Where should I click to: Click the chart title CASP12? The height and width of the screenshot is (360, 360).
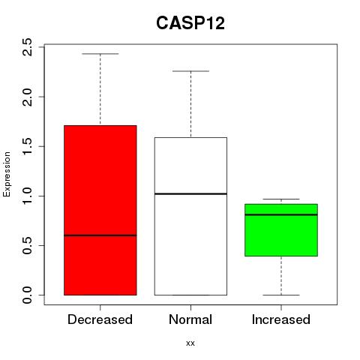(x=190, y=23)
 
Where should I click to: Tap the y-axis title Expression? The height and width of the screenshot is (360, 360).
(x=7, y=174)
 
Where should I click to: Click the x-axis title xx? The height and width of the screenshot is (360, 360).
(x=190, y=343)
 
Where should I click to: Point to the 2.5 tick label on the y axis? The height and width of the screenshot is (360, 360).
(x=27, y=47)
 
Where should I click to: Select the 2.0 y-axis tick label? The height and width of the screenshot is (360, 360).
(x=27, y=97)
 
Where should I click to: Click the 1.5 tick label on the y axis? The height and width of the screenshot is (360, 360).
(x=27, y=146)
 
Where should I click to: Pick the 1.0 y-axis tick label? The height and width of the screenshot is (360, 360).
(x=27, y=196)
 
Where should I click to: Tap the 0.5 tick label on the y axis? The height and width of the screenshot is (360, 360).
(x=27, y=245)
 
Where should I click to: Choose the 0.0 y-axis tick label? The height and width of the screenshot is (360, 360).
(x=27, y=295)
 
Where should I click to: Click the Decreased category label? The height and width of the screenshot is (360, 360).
(x=100, y=319)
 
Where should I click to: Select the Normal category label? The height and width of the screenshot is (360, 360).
(x=190, y=319)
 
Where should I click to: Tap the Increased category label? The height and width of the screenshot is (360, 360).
(x=281, y=319)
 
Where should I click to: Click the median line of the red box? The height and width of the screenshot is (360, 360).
(x=100, y=235)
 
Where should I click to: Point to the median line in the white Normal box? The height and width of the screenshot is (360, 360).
(x=190, y=193)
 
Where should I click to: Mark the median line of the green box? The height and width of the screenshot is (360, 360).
(x=281, y=214)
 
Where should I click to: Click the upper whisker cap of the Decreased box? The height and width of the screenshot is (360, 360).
(x=100, y=54)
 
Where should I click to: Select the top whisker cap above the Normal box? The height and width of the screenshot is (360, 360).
(x=190, y=71)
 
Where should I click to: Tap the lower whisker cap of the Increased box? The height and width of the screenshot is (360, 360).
(x=281, y=295)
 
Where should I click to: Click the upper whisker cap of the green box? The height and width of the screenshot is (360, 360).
(x=281, y=199)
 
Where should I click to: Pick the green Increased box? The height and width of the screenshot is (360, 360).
(x=281, y=230)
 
